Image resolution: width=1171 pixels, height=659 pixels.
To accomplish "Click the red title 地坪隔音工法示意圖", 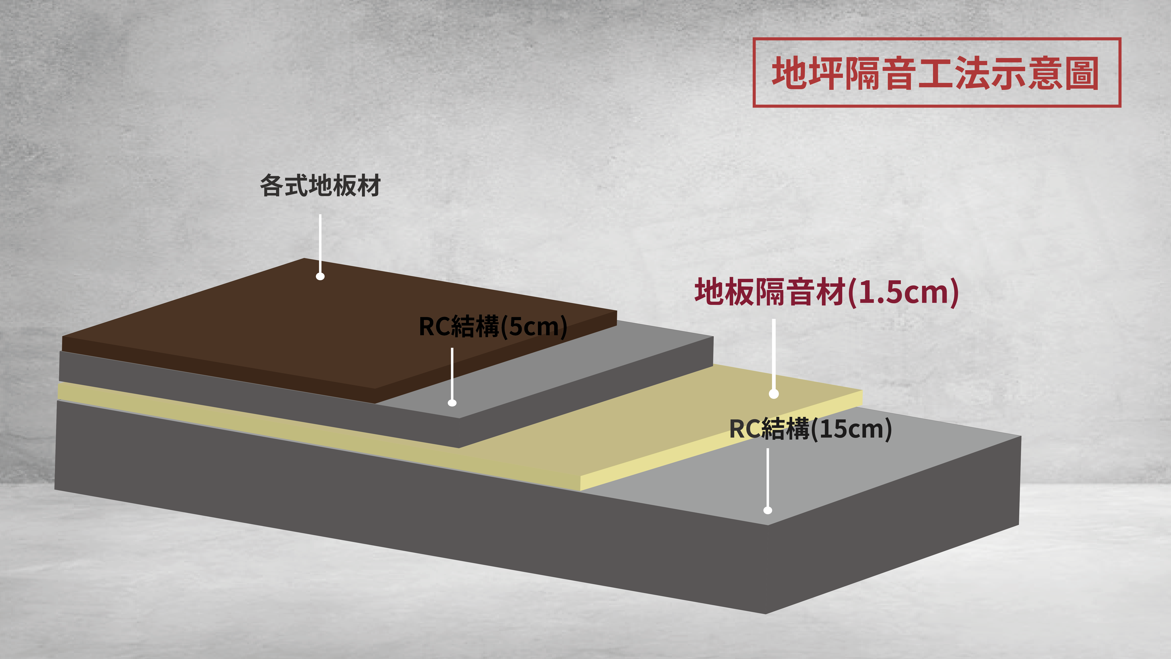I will click(x=935, y=73).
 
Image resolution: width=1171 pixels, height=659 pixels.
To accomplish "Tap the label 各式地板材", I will click(x=320, y=186).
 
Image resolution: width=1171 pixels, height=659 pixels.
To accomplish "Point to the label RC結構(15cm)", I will click(x=810, y=429).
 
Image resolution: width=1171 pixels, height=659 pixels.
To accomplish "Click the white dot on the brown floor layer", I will click(x=320, y=276).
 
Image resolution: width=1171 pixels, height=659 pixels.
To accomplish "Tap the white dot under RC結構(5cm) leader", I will click(x=452, y=402).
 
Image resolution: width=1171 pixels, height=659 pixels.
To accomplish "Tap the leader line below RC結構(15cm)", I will click(x=768, y=478).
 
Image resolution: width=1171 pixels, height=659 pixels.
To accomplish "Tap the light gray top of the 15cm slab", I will click(x=864, y=468).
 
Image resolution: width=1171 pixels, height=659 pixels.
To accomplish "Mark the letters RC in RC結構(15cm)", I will click(x=745, y=429).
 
